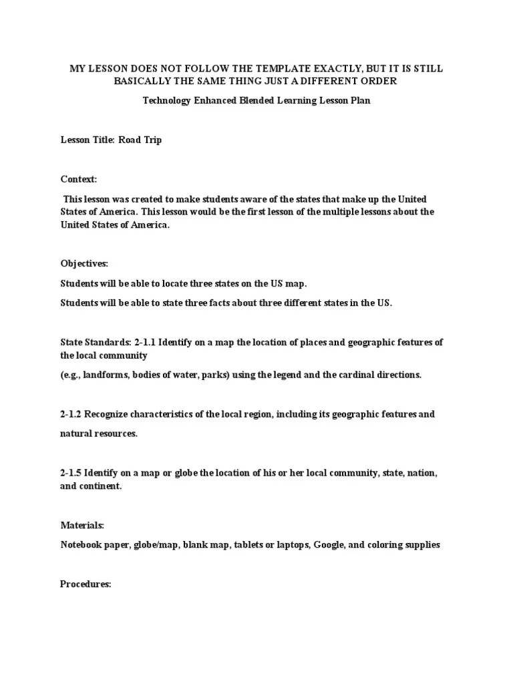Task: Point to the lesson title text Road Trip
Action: click(x=140, y=140)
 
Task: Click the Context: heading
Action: click(x=79, y=180)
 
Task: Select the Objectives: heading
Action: click(x=84, y=264)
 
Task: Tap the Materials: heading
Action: click(x=82, y=526)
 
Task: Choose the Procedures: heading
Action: click(x=85, y=584)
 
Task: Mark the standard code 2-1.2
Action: click(x=71, y=414)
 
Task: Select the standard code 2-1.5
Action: click(x=71, y=473)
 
